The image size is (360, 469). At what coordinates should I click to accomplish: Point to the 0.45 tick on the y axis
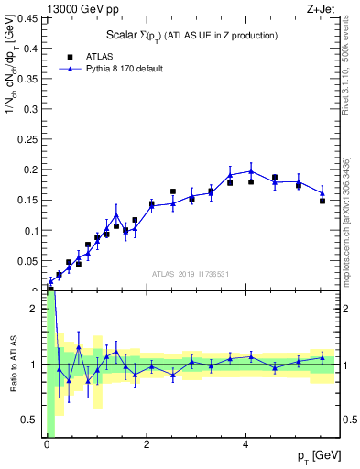[29, 17]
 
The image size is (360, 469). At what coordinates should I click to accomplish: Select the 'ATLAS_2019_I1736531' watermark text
[191, 274]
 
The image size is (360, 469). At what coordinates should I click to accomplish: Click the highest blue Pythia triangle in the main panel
[251, 171]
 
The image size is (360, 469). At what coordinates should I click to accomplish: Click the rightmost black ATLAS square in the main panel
[322, 201]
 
